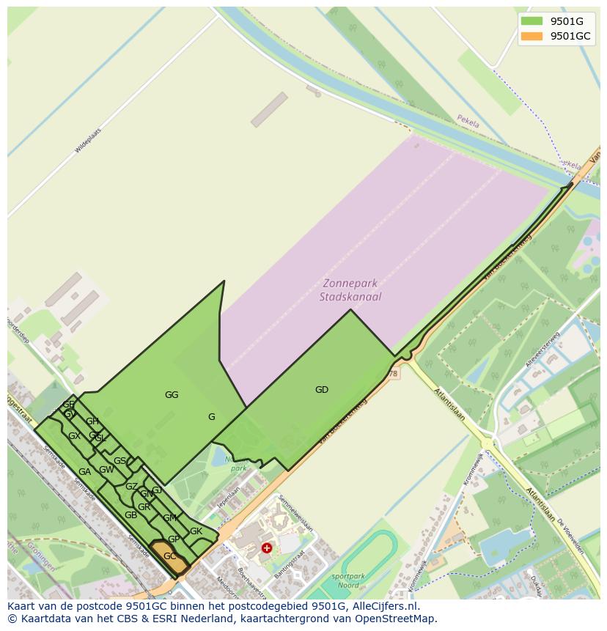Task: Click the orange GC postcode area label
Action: coord(169,556)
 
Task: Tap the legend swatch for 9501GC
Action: coord(532,37)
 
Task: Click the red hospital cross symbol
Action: coord(267,547)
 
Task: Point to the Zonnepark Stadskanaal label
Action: coord(350,290)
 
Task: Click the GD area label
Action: coord(322,390)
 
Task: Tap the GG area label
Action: coord(172,395)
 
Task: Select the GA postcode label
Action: coord(84,472)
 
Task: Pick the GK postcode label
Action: coord(196,531)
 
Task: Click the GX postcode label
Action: coord(74,436)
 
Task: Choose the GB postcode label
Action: coord(130,515)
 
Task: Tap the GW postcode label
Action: coord(106,470)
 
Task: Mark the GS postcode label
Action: coord(119,461)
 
